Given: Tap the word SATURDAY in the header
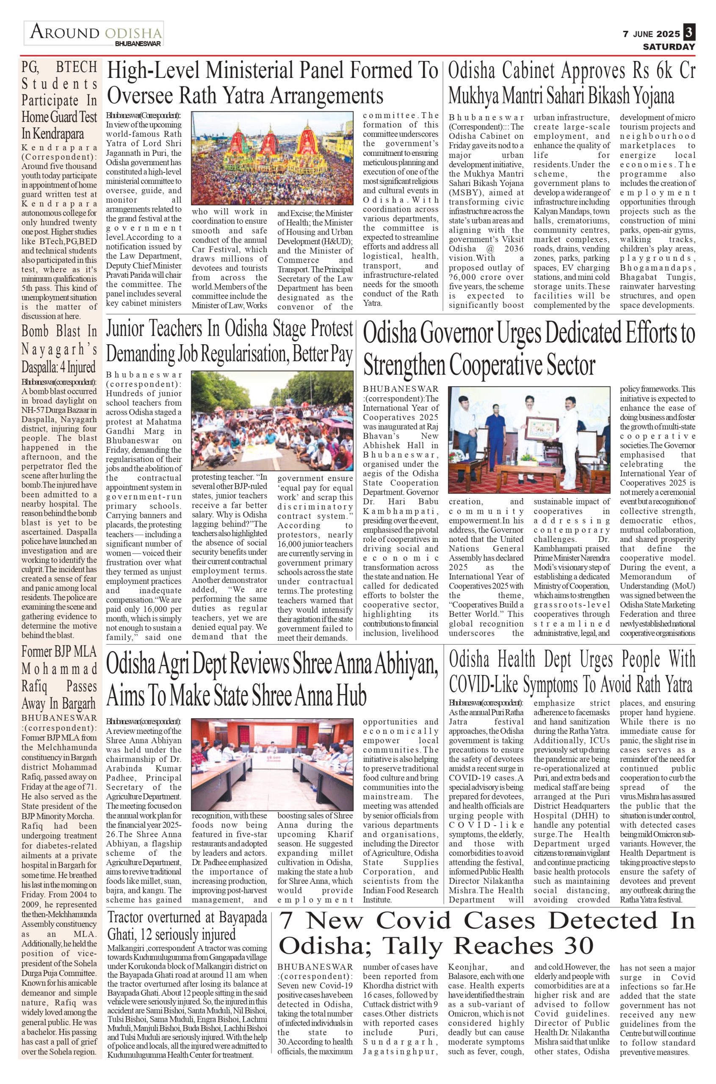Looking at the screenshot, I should coord(669,47).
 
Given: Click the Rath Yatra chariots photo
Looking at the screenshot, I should coord(272,158).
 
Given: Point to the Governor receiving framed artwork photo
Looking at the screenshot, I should coord(529,439).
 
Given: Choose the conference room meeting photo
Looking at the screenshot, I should coord(272,764).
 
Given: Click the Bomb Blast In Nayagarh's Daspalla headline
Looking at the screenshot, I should coord(59,349).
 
